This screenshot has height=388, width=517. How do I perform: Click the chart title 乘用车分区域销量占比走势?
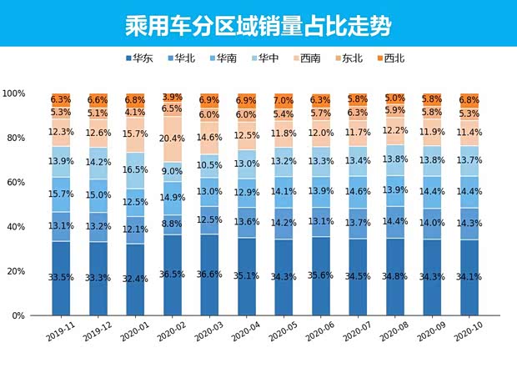point(258,23)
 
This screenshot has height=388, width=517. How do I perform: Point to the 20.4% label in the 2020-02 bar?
point(171,139)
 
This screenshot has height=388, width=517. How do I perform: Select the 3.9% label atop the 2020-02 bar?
point(171,98)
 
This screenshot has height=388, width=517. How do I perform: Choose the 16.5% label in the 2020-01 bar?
point(135,169)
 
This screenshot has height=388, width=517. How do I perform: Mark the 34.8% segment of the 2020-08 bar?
point(395,277)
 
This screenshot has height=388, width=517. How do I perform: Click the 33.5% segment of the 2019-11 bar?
point(60,277)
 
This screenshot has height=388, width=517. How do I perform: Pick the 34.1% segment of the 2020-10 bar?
point(469,277)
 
